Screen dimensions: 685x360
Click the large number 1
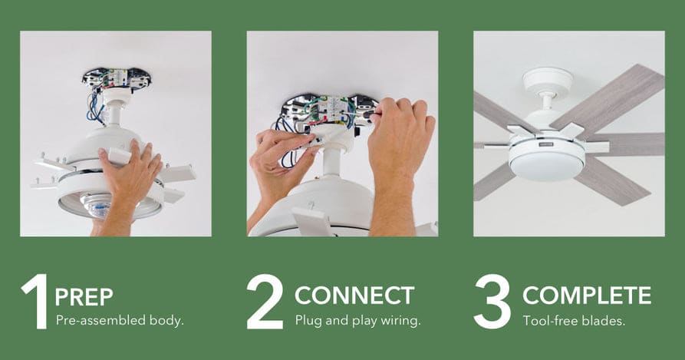37,302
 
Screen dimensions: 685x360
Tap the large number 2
265,302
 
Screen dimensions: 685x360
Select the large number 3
492,302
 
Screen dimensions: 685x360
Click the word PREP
84,297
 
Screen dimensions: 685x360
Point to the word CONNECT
354,296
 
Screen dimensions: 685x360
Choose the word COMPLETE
587,296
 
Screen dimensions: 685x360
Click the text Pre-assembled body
120,321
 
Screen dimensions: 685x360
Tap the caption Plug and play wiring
357,321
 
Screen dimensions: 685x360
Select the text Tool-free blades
574,321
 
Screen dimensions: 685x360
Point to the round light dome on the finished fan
547,166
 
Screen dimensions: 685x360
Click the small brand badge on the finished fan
545,144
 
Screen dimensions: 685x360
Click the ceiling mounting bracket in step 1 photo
117,78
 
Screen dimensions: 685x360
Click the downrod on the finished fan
546,102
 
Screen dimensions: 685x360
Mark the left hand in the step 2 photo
279,170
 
